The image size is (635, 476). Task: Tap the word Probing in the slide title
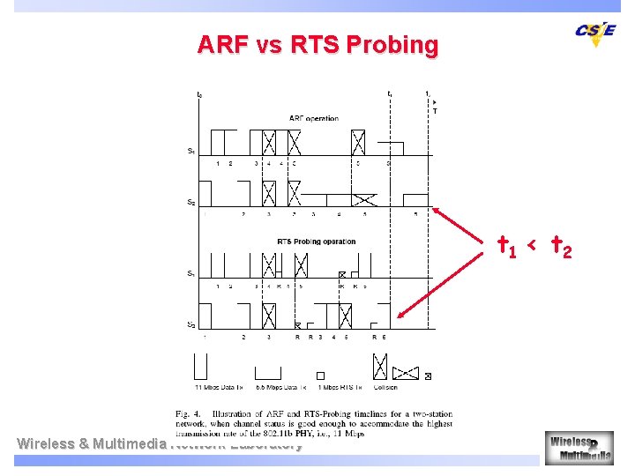tap(397, 45)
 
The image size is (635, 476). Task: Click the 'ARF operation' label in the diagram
tap(313, 119)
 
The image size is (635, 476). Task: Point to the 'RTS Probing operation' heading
tap(316, 242)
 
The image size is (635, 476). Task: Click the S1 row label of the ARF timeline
tap(191, 151)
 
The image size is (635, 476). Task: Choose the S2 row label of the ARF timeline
tap(191, 203)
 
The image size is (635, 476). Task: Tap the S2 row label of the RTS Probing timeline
tap(191, 324)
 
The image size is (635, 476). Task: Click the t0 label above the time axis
tap(199, 94)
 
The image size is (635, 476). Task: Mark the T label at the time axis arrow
tap(434, 111)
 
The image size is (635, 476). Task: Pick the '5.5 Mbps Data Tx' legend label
tap(281, 387)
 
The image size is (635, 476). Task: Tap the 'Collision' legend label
tap(385, 387)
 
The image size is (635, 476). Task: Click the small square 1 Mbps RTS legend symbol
tap(321, 375)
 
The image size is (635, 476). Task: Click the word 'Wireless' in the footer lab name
tap(46, 443)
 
